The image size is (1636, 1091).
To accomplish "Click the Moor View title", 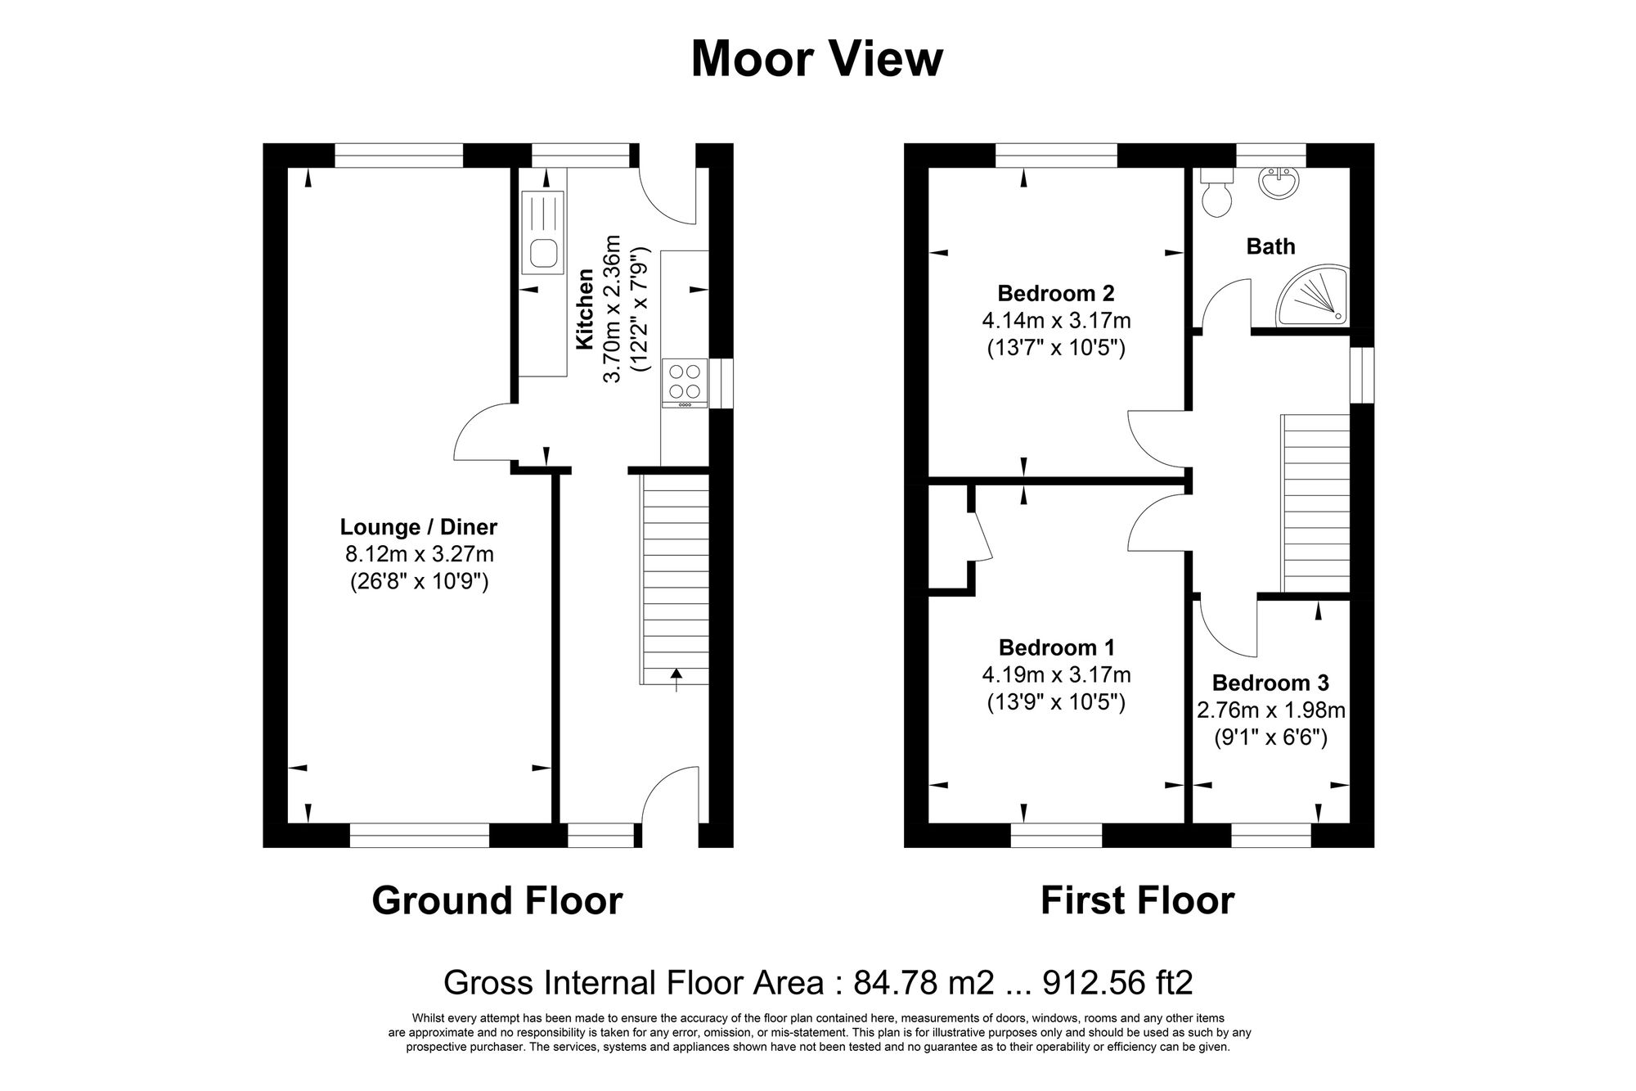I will pos(816,60).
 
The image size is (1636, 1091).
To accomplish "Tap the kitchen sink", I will pos(542,232).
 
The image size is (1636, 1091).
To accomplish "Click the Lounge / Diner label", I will pos(418,527).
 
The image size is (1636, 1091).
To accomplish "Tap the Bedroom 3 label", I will pos(1270,683).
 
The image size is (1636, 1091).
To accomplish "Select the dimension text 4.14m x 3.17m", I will pos(1056,320).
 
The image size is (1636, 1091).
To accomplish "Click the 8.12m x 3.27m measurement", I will pos(419,554).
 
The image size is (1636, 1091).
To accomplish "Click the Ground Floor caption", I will pos(497,900).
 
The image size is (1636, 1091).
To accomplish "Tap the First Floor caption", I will pos(1137,900).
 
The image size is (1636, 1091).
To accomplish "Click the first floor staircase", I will pos(1315,503).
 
